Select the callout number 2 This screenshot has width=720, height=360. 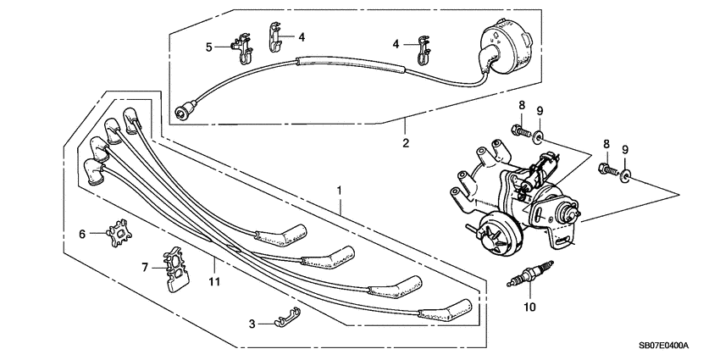[406, 143]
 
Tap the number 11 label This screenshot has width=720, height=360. [214, 281]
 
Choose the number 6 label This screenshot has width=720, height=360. [82, 234]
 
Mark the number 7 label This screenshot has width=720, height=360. [144, 268]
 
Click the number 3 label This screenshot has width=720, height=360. [252, 324]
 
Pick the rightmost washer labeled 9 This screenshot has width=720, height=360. [625, 176]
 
